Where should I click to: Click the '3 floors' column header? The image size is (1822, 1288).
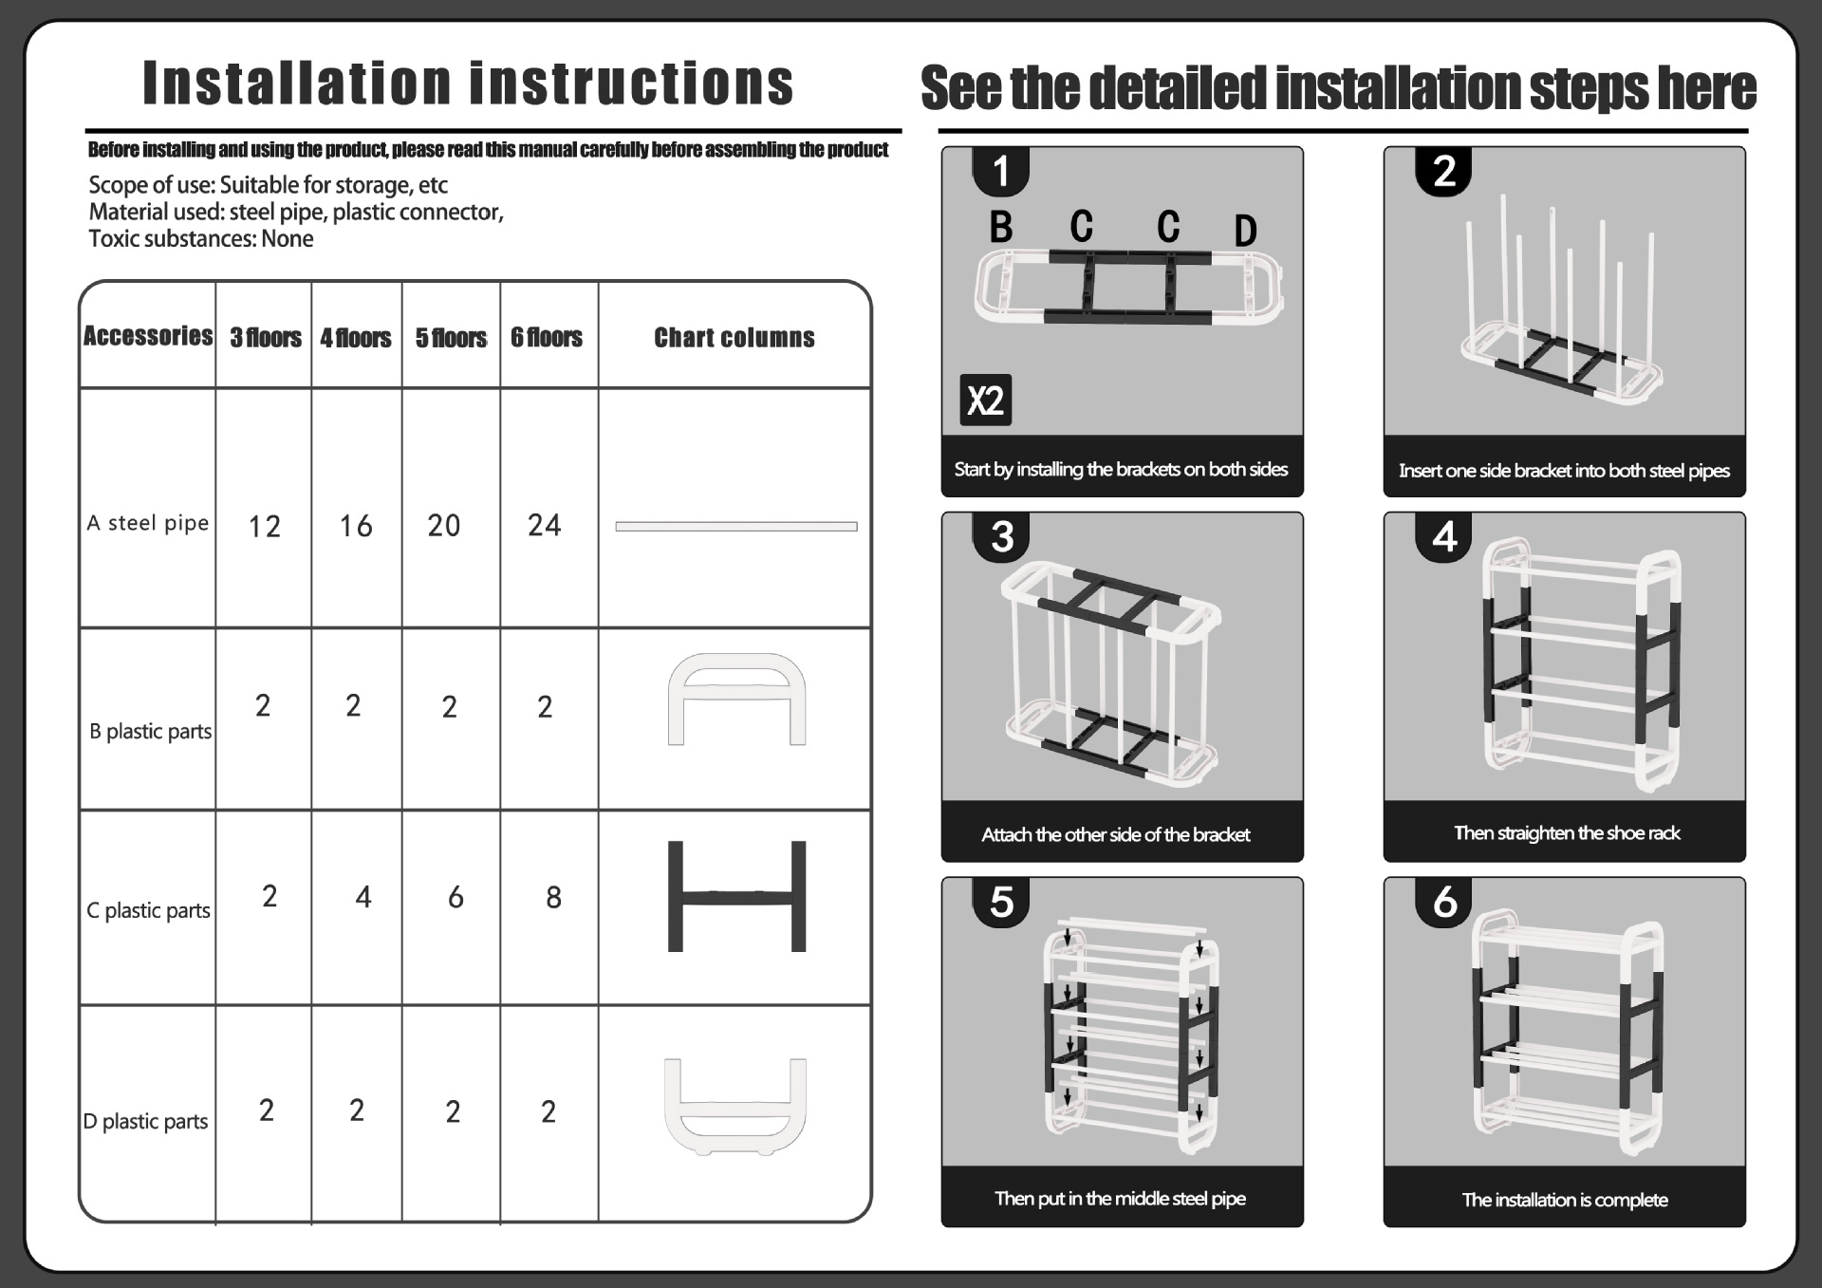point(265,338)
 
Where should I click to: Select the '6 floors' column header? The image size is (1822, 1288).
point(547,337)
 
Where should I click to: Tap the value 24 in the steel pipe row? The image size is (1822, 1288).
point(545,525)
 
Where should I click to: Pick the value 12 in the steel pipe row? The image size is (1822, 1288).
point(264,526)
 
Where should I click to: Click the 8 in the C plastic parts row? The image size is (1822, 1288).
point(553,897)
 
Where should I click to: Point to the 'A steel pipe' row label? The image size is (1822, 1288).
point(148,523)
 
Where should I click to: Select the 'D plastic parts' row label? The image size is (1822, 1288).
point(145,1121)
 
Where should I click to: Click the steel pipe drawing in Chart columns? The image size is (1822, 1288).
point(735,526)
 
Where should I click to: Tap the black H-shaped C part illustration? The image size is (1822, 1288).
point(736,895)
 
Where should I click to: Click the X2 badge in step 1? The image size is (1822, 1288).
point(985,400)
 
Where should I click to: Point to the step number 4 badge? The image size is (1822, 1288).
point(1444,537)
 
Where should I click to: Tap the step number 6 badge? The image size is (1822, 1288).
point(1444,902)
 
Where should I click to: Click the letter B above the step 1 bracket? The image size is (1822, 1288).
point(1001,227)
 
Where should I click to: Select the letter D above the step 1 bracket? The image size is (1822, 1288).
point(1245,231)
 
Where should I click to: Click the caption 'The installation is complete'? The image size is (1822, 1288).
point(1565,1200)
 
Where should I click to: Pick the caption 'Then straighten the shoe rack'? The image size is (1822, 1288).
point(1567,833)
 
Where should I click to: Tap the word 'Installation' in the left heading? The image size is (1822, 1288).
point(297,83)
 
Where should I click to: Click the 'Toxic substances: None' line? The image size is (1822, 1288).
point(201,238)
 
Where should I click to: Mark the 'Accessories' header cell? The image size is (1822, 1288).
point(148,336)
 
